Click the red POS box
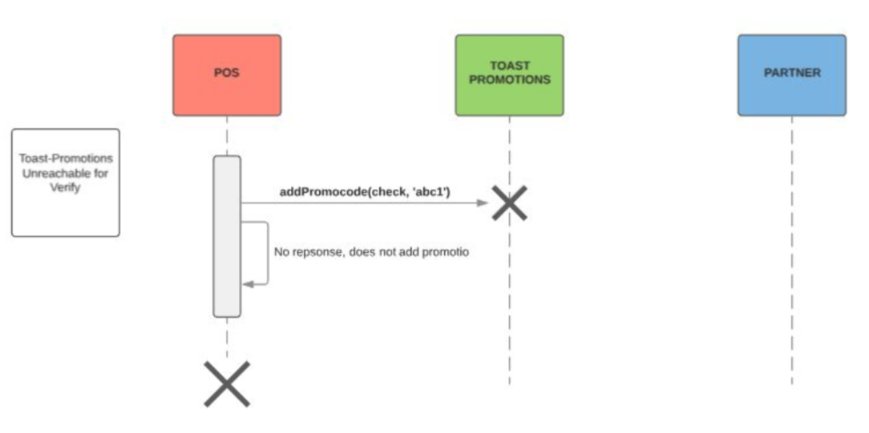227,74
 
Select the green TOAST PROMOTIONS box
509,74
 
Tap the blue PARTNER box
791,74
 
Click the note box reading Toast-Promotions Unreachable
65,182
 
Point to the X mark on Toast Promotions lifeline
509,203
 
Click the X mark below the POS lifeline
227,383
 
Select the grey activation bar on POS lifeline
227,236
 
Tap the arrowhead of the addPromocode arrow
483,203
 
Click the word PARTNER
792,73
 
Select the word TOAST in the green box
509,66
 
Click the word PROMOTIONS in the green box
509,80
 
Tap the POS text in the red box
227,73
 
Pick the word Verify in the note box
67,188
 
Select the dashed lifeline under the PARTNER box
791,256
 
